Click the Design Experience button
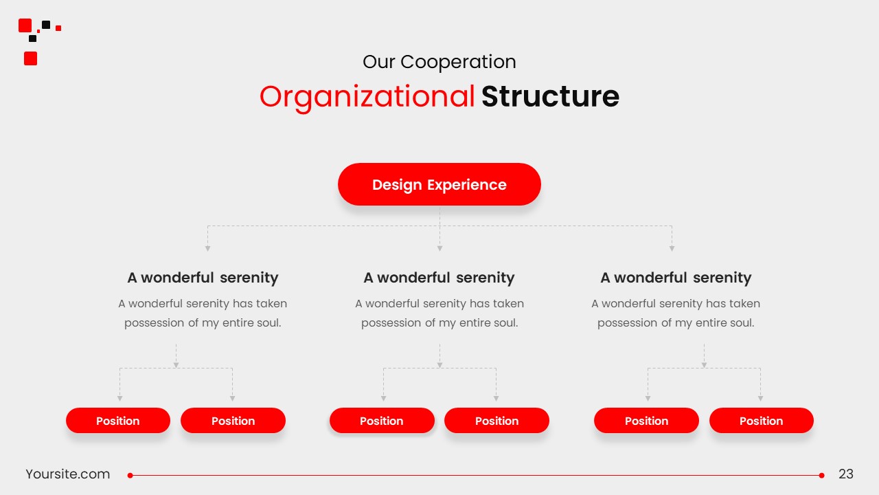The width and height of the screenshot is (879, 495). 439,184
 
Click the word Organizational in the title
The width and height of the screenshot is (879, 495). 367,97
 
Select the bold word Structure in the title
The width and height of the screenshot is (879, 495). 550,96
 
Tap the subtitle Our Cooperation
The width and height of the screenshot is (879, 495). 439,62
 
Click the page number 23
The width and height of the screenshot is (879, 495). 845,474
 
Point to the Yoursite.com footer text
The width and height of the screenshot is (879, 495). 67,474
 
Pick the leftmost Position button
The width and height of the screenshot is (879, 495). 117,420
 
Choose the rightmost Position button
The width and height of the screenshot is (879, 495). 762,420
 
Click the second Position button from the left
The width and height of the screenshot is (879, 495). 233,420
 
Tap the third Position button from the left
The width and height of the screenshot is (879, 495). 382,420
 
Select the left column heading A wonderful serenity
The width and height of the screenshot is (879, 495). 203,278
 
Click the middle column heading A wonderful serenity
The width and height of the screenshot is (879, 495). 439,278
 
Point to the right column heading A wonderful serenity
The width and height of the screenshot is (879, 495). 676,278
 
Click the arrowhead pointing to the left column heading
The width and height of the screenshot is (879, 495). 207,249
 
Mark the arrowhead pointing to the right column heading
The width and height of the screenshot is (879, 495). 672,249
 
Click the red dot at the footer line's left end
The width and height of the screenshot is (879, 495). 130,475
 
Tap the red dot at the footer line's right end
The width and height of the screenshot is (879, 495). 821,475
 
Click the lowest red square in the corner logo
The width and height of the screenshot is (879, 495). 31,58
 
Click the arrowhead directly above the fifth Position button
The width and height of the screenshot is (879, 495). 648,398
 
